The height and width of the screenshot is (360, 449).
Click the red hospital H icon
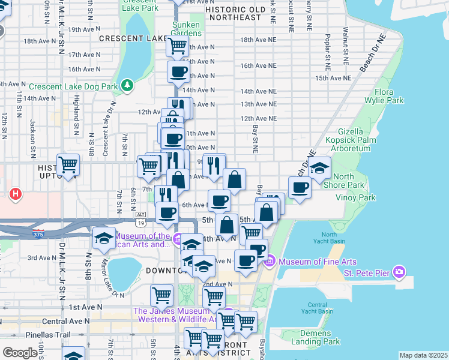16,194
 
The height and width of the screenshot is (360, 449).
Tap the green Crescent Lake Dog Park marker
127,86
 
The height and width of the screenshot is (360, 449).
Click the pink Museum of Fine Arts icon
270,262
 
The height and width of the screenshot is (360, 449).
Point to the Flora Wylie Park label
388,97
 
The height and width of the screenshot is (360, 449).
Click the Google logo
19,353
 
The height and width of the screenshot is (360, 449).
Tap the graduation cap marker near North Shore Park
320,167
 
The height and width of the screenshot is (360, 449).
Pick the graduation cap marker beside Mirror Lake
104,237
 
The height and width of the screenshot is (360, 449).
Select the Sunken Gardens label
187,29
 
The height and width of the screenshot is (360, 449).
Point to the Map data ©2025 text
423,355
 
